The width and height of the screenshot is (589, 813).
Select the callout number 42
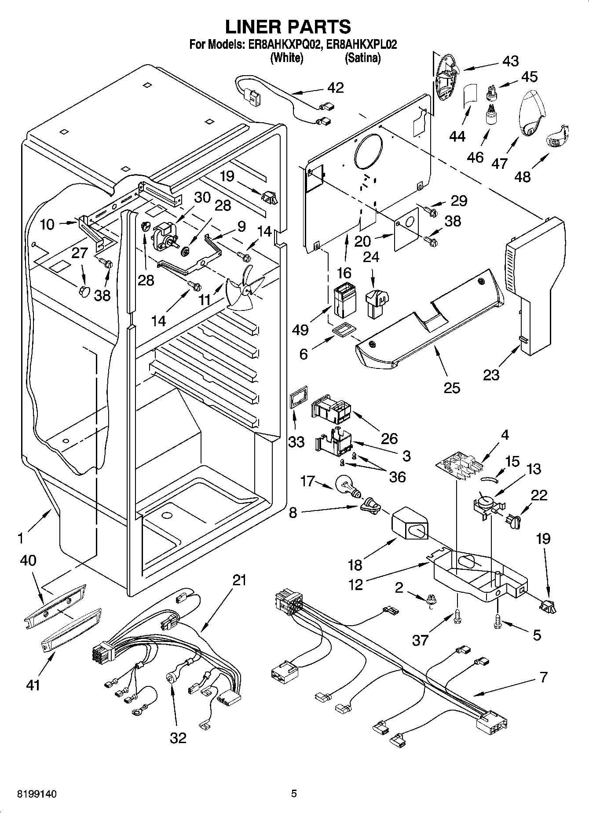pyautogui.click(x=336, y=87)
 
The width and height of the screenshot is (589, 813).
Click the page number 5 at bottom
pyautogui.click(x=294, y=794)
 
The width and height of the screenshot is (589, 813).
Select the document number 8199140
pyautogui.click(x=37, y=794)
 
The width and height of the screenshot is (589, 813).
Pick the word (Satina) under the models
pyautogui.click(x=362, y=58)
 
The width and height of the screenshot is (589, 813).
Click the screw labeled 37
pyautogui.click(x=457, y=617)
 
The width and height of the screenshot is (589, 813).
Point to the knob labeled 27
pyautogui.click(x=83, y=291)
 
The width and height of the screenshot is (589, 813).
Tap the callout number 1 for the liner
pyautogui.click(x=20, y=537)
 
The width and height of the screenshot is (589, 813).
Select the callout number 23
pyautogui.click(x=491, y=375)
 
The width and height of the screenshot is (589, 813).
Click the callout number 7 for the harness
pyautogui.click(x=544, y=677)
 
